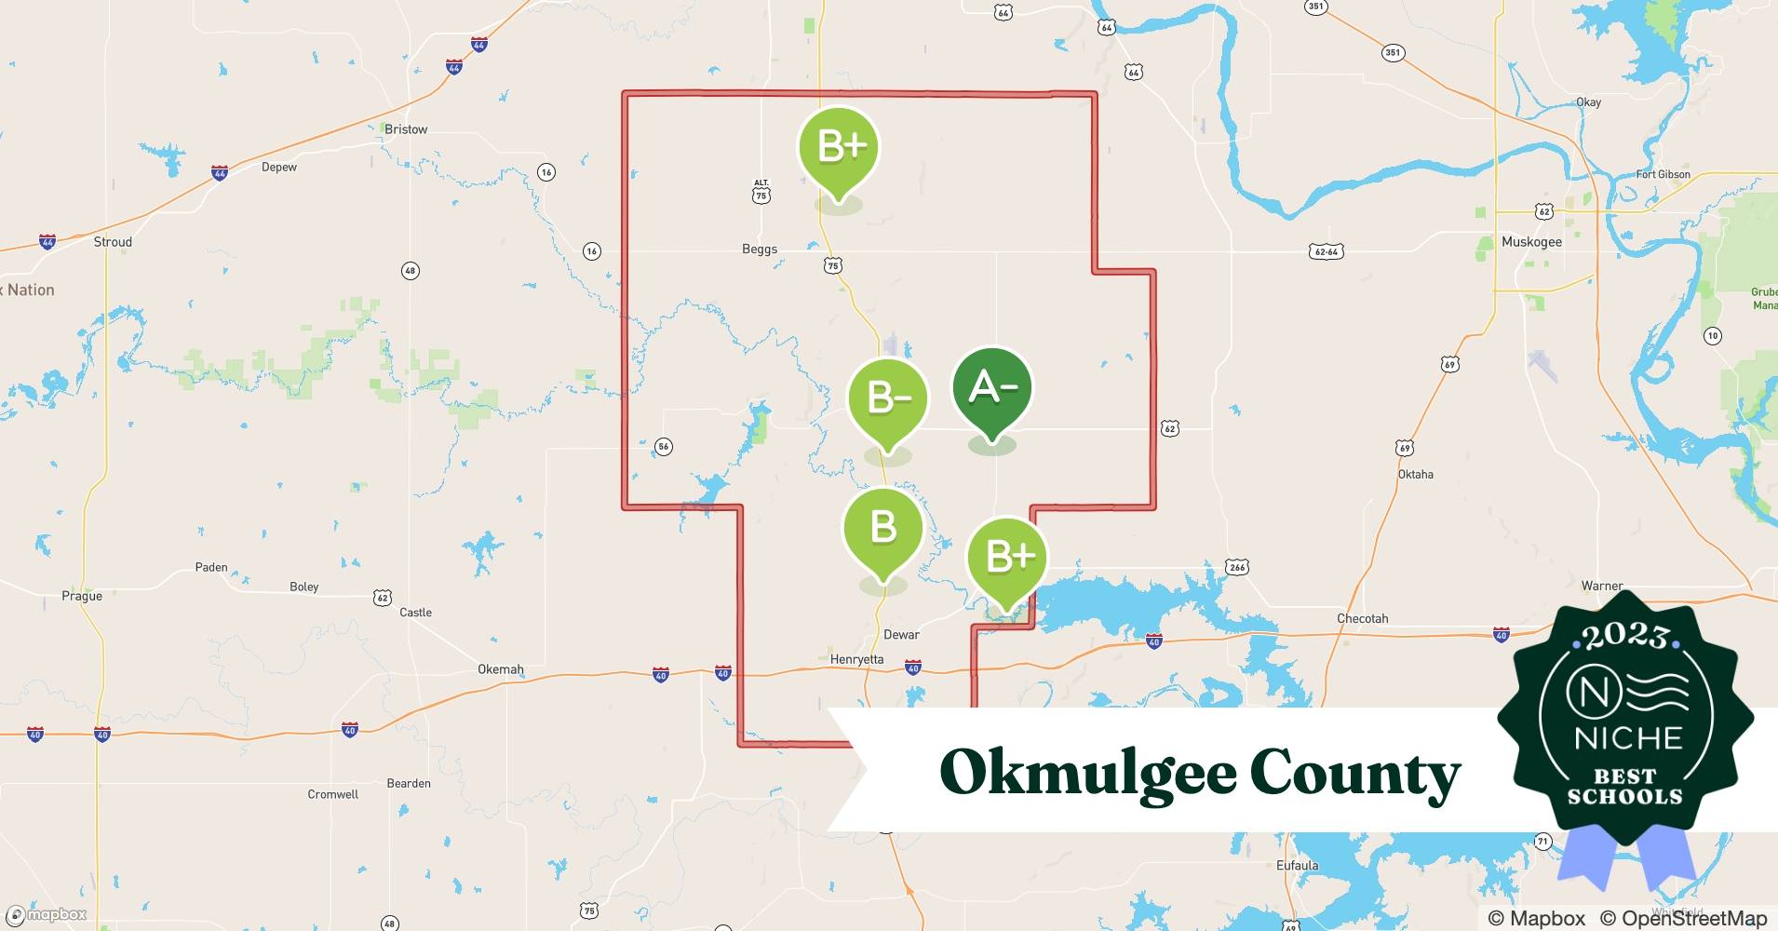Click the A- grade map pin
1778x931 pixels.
click(992, 388)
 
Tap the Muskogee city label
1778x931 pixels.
click(1531, 242)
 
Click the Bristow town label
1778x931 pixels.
click(406, 129)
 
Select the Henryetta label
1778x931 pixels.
click(856, 659)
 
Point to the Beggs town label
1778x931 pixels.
click(760, 250)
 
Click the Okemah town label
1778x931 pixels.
click(501, 669)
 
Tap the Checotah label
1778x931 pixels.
click(1362, 618)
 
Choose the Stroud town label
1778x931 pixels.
click(113, 242)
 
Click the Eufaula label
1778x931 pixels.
click(1297, 865)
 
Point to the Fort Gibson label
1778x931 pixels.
click(1663, 174)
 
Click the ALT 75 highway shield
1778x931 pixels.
click(761, 192)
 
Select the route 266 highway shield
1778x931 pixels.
click(1236, 567)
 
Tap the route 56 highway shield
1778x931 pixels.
click(663, 447)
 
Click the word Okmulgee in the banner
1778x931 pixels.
click(1086, 773)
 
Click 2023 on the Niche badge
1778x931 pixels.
click(1625, 637)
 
